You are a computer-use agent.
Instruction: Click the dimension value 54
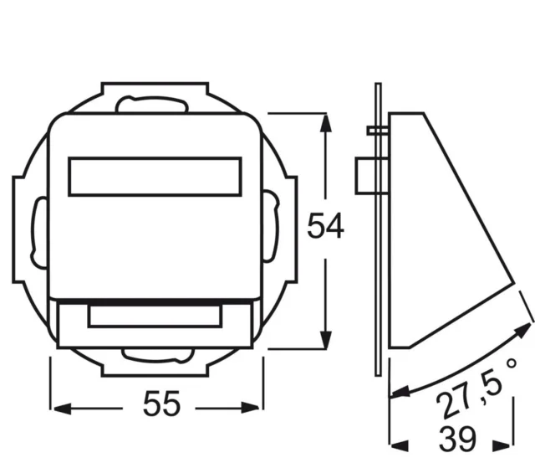pos(325,226)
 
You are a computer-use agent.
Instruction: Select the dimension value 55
pos(161,404)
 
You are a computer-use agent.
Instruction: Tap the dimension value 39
pos(457,439)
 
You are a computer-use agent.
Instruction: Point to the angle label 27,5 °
pos(476,388)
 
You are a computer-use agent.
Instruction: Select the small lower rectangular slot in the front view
pos(155,316)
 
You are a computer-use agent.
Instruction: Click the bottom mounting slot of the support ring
pos(158,355)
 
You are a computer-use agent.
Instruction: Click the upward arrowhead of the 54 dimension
pos(326,123)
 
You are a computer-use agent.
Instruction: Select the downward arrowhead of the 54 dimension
pos(326,340)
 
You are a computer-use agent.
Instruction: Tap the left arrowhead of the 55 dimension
pos(63,409)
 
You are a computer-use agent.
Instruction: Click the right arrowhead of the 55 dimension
pos(250,408)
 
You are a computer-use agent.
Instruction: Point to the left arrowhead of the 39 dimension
pos(400,445)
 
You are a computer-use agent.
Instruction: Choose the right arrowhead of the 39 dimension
pos(502,445)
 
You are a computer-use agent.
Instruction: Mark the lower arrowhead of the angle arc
pos(400,391)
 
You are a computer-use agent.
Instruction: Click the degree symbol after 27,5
pos(512,363)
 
